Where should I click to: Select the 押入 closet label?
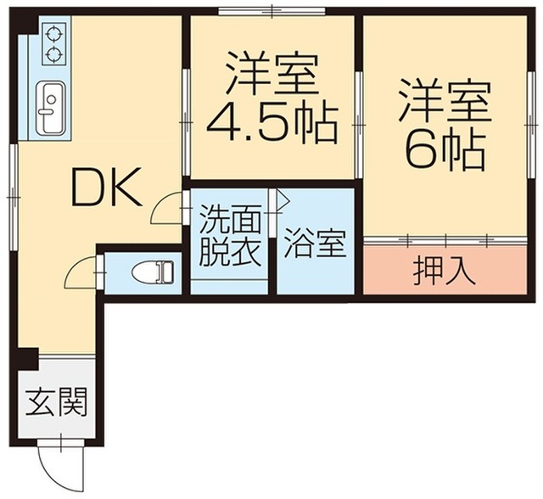[441, 272]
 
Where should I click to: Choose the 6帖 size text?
[445, 151]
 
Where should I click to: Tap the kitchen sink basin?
[51, 108]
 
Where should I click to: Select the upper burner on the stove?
[54, 35]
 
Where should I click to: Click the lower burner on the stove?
[54, 56]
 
